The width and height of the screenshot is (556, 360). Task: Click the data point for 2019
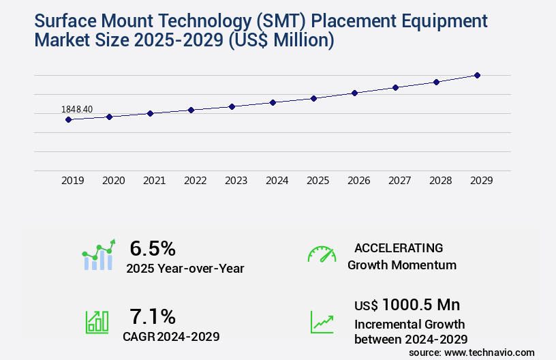pyautogui.click(x=68, y=120)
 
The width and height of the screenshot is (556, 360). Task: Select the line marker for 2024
pyautogui.click(x=273, y=102)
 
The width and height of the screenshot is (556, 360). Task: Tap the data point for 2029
pyautogui.click(x=477, y=75)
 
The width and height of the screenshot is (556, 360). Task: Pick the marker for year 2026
pyautogui.click(x=354, y=93)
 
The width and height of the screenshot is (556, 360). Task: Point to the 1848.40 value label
pyautogui.click(x=77, y=109)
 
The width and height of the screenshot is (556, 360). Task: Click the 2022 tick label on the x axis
pyautogui.click(x=195, y=181)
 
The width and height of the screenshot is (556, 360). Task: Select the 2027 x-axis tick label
pyautogui.click(x=399, y=181)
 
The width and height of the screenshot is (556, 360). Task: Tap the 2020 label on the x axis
pyautogui.click(x=113, y=181)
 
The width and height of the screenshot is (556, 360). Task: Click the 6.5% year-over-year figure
pyautogui.click(x=153, y=248)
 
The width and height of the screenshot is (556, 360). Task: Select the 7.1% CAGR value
pyautogui.click(x=153, y=316)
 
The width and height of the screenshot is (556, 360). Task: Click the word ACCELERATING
pyautogui.click(x=399, y=248)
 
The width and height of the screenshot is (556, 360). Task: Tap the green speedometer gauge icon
pyautogui.click(x=322, y=254)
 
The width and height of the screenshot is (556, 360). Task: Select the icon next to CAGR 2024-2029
pyautogui.click(x=97, y=322)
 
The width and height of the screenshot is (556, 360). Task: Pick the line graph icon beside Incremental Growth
pyautogui.click(x=322, y=322)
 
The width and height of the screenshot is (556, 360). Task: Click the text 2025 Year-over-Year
pyautogui.click(x=185, y=269)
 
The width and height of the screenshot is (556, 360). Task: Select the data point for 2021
pyautogui.click(x=150, y=113)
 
